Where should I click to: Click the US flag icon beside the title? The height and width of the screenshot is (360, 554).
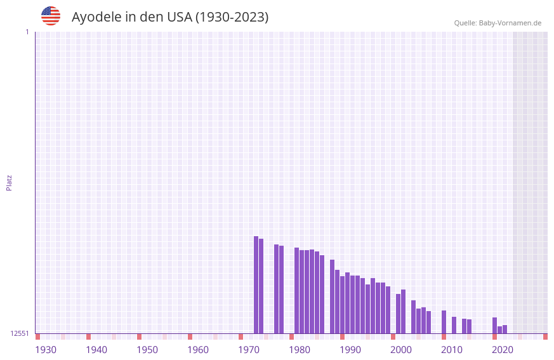[x=51, y=16]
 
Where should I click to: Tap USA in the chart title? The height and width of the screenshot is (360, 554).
[x=179, y=17]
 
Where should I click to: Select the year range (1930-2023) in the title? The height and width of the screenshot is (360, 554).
[x=232, y=17]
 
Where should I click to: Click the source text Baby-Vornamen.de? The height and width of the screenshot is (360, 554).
[x=510, y=23]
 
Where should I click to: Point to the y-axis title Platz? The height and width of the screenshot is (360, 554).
[x=9, y=182]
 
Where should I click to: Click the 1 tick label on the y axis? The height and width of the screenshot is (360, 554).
[x=27, y=32]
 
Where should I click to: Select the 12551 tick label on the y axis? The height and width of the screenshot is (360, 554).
[x=20, y=333]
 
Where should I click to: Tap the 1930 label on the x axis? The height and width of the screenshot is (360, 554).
[x=46, y=350]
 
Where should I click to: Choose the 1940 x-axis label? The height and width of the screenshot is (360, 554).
[x=96, y=350]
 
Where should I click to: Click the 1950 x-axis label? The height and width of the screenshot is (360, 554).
[x=147, y=350]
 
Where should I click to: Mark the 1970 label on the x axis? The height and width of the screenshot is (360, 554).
[x=249, y=350]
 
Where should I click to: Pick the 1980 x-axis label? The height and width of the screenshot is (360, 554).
[x=300, y=350]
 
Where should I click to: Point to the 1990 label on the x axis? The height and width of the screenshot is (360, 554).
[x=350, y=350]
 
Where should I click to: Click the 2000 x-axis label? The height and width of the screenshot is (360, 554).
[x=401, y=350]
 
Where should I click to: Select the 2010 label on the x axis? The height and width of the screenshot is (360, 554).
[x=452, y=350]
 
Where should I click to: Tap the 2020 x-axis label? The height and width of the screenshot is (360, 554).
[x=503, y=350]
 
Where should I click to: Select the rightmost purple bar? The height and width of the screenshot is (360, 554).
[x=505, y=329]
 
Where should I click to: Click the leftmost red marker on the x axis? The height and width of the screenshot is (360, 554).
[x=37, y=337]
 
